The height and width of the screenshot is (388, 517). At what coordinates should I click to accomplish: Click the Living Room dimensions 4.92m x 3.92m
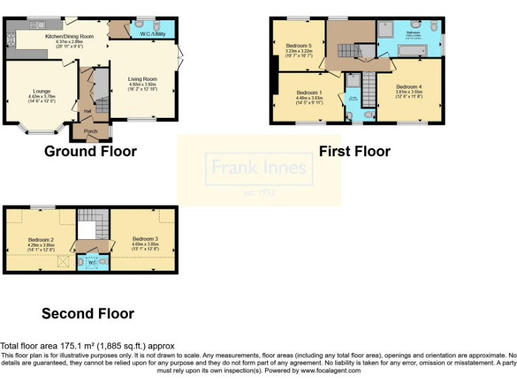pyautogui.click(x=143, y=85)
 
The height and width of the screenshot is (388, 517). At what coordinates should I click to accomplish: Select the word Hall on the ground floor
pyautogui.click(x=87, y=111)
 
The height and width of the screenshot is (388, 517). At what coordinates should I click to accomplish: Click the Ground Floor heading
pyautogui.click(x=90, y=152)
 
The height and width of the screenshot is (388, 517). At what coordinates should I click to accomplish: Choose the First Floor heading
pyautogui.click(x=354, y=152)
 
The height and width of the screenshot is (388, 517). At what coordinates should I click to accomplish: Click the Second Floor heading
pyautogui.click(x=88, y=313)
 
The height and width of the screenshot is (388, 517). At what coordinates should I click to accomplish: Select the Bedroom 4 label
pyautogui.click(x=409, y=87)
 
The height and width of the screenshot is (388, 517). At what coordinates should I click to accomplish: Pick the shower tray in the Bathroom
pyautogui.click(x=388, y=28)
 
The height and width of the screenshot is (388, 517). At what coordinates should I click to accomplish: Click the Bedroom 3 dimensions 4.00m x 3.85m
pyautogui.click(x=145, y=244)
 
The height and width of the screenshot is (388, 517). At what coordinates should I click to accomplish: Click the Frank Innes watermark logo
pyautogui.click(x=259, y=169)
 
